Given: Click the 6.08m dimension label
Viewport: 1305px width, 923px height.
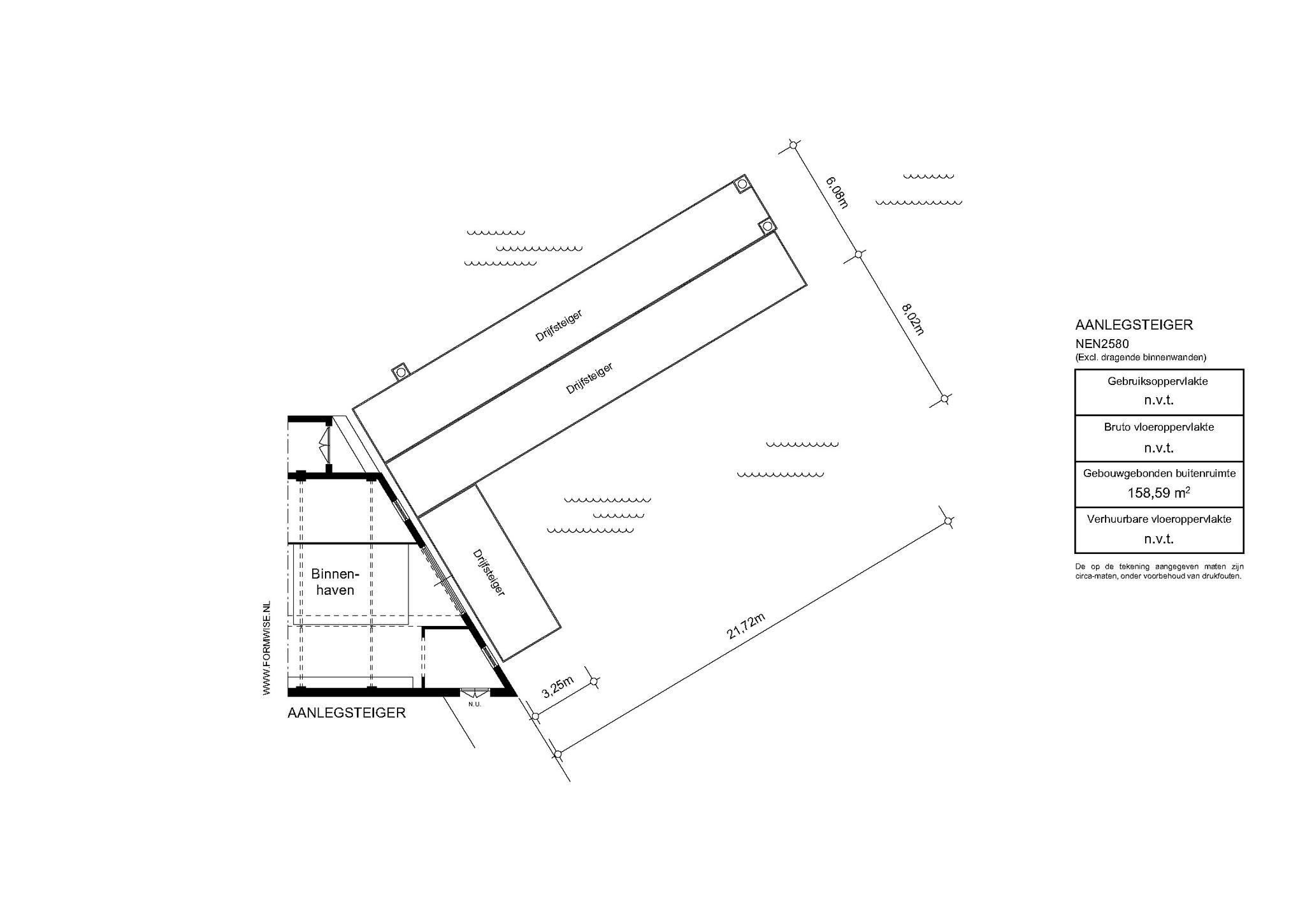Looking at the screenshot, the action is (x=837, y=193).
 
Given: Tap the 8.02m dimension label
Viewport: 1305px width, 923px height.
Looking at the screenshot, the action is (x=912, y=319).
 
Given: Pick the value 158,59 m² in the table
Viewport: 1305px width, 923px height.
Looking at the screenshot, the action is (x=1159, y=493).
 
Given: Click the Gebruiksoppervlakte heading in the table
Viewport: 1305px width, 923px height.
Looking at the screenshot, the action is (x=1158, y=382).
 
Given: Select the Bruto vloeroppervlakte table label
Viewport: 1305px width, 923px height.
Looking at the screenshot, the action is (x=1158, y=427).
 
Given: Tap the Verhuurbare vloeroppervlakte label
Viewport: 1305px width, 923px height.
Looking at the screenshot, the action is (x=1158, y=519).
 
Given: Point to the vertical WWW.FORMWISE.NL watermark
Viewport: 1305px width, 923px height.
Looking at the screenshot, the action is (x=267, y=648).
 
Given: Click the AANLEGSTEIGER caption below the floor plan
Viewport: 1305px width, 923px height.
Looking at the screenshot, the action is (x=347, y=713).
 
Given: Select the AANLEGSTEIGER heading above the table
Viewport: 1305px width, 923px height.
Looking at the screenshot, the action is (x=1134, y=324).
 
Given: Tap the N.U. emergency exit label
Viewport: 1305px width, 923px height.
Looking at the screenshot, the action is (x=474, y=704).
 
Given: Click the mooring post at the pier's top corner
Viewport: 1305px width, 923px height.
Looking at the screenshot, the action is (x=742, y=184).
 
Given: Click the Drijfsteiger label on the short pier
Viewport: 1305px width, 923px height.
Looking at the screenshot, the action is (x=489, y=572).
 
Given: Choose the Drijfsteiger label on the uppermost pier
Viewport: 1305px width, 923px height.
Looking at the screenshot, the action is (x=559, y=326).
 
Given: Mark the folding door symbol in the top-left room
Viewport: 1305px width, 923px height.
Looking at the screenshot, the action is (x=324, y=444).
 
